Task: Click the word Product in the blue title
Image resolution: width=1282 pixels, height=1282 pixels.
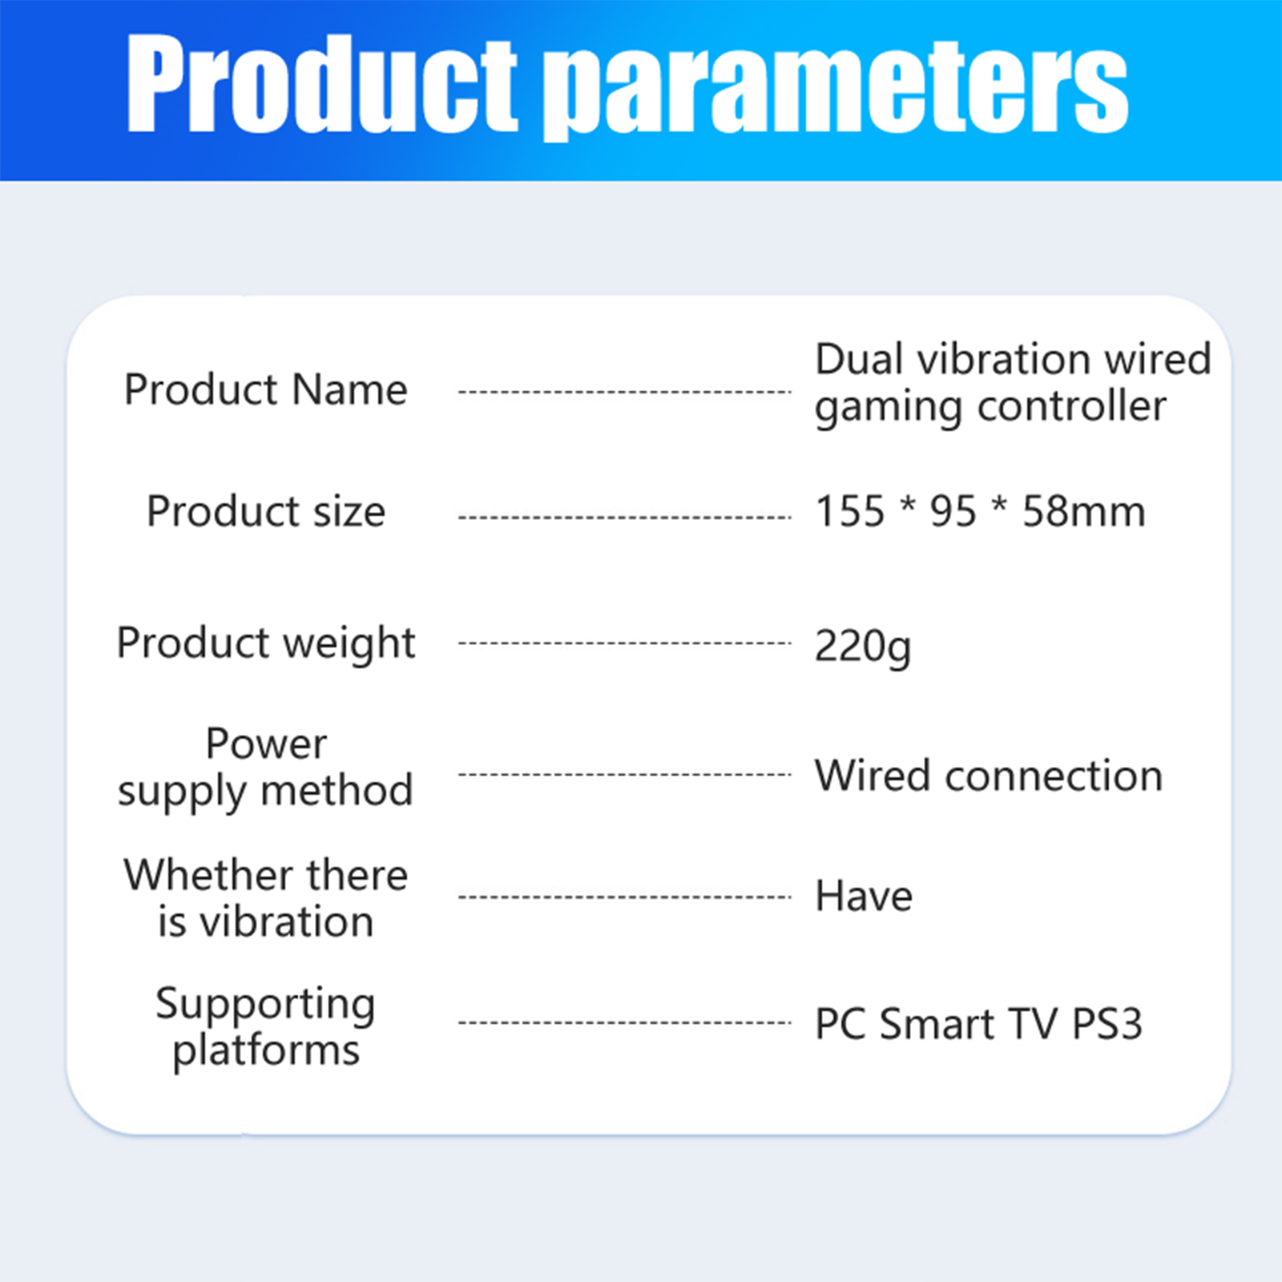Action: (322, 83)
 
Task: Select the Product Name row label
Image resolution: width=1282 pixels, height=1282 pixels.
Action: (265, 390)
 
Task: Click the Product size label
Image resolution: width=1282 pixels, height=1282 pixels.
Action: (265, 511)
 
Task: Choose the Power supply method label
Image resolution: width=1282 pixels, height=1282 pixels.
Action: (265, 768)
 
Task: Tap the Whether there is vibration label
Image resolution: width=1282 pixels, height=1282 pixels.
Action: (265, 897)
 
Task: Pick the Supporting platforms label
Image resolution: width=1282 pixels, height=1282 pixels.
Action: (265, 1027)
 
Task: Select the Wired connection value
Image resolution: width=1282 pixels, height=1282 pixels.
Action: (989, 776)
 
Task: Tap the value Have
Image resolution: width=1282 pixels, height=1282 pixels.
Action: (864, 896)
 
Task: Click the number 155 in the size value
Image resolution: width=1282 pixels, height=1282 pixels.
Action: (850, 511)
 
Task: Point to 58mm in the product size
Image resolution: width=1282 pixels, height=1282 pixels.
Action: (1084, 511)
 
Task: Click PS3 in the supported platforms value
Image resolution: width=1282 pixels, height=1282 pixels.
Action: (1107, 1024)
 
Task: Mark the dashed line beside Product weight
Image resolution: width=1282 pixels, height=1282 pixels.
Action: (625, 643)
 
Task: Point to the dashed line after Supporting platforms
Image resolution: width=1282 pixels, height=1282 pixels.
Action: (625, 1023)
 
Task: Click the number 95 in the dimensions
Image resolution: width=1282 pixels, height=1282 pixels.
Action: (953, 511)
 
